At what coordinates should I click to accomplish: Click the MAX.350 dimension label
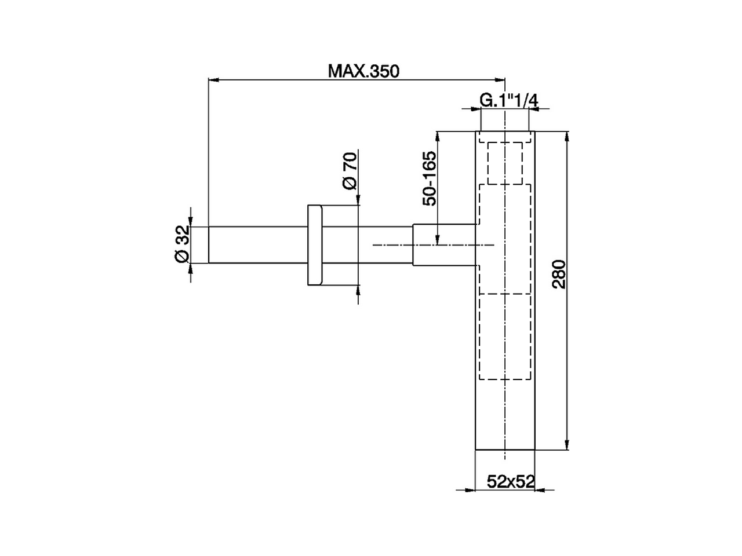pos(363,71)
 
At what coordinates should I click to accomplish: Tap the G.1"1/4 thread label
pos(508,101)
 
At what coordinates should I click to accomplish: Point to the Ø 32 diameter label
pos(182,244)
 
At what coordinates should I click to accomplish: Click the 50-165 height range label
pos(430,178)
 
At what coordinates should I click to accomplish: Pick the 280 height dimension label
pos(558,275)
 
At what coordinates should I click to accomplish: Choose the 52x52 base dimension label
pos(510,481)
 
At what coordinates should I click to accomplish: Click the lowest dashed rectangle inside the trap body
pos(505,338)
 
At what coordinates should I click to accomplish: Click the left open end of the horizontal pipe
pos(209,244)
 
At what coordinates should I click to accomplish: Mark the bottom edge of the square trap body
pos(505,449)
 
